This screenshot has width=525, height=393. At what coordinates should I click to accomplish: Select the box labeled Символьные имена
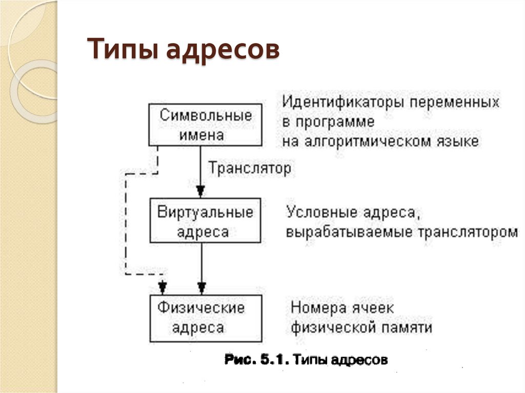click(205, 125)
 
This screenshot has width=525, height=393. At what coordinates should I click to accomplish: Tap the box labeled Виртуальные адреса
click(205, 221)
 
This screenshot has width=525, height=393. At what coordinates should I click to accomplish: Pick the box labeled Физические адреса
click(205, 318)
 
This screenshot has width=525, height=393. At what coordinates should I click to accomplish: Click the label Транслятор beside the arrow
click(250, 168)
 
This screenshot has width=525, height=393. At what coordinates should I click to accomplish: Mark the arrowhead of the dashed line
click(163, 285)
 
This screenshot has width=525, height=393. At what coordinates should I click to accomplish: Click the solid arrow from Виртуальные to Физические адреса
click(202, 266)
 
